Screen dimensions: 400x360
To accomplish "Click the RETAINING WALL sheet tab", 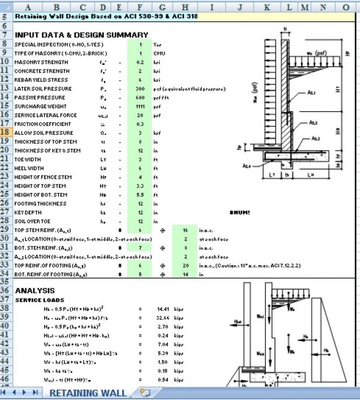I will (x=88, y=393).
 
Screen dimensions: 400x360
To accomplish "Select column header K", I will (x=267, y=7).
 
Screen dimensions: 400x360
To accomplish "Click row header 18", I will (x=6, y=133).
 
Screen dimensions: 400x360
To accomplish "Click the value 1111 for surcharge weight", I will (x=140, y=106).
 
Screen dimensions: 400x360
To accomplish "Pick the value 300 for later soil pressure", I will (x=140, y=89).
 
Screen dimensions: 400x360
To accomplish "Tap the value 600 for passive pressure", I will (x=140, y=98).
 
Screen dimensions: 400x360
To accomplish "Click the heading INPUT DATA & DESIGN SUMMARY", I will (x=81, y=35).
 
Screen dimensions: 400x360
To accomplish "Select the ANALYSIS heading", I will (x=35, y=291).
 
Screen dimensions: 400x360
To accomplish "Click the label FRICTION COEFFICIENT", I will (x=43, y=124).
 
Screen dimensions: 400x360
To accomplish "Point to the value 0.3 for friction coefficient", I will (x=140, y=124).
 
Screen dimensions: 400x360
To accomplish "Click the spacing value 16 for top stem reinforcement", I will (x=185, y=230).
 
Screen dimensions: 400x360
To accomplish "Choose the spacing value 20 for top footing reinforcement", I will (x=185, y=266).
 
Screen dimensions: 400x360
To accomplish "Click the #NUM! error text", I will (x=240, y=213).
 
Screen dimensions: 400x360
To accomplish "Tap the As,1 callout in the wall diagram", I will (x=311, y=93).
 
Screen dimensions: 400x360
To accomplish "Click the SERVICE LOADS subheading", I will (x=40, y=300).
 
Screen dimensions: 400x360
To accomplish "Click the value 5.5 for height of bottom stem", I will (x=140, y=195).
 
